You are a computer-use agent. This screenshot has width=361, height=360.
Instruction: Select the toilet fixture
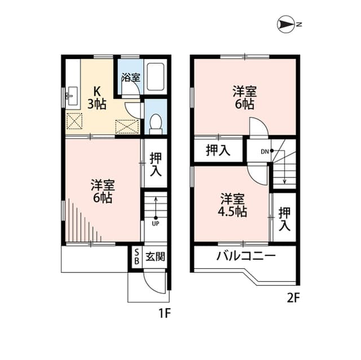pos(156,121)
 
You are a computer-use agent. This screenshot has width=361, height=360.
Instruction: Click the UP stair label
pos(155,223)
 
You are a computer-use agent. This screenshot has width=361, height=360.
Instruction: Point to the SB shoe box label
pos(136,257)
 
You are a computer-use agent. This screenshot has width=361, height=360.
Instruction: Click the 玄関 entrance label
pos(156,257)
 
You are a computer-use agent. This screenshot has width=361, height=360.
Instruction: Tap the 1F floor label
pos(163,312)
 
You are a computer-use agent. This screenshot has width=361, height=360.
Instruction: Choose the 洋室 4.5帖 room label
pos(232,205)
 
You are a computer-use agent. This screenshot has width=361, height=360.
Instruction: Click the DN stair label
pos(265,151)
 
